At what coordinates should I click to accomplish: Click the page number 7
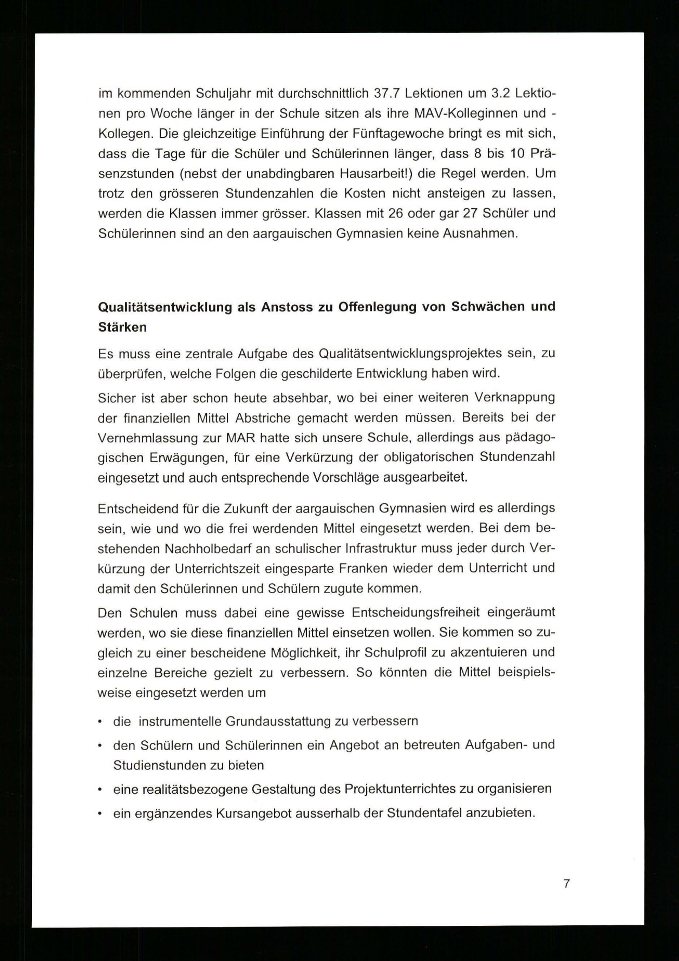[x=566, y=884]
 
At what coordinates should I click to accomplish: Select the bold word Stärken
[x=122, y=327]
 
